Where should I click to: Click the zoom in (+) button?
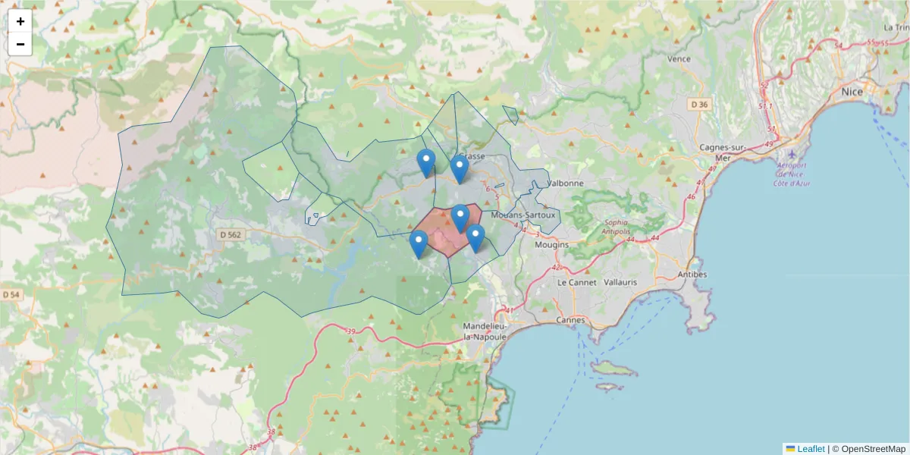20,21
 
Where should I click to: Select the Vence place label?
679,58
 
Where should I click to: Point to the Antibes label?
691,274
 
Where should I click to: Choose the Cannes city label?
570,320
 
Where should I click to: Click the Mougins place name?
551,245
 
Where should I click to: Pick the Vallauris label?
620,282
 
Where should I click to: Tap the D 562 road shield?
228,235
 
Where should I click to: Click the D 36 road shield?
698,104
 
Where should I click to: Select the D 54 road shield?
11,294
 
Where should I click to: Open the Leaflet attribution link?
811,449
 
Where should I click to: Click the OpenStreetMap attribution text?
873,449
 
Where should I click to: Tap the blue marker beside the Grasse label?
459,168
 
